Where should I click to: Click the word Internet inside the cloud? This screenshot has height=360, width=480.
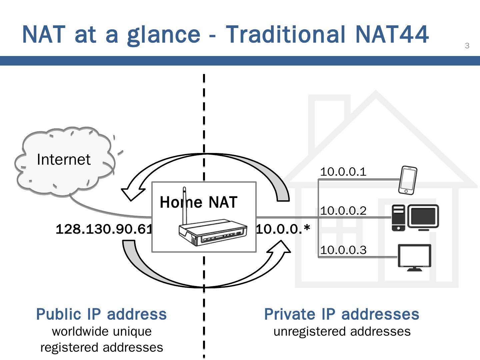pyautogui.click(x=63, y=160)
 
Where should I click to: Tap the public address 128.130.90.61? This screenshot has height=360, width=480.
pyautogui.click(x=104, y=229)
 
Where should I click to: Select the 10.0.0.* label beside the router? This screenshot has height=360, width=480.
pyautogui.click(x=283, y=229)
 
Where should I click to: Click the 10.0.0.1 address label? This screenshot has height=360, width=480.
pyautogui.click(x=343, y=172)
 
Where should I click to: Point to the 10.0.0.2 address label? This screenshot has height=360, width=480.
pyautogui.click(x=343, y=211)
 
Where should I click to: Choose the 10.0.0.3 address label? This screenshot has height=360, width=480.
pyautogui.click(x=343, y=250)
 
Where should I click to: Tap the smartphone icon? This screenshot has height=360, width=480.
pyautogui.click(x=408, y=180)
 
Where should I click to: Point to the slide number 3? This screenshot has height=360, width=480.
pyautogui.click(x=467, y=46)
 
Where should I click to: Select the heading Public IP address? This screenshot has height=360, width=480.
pyautogui.click(x=101, y=314)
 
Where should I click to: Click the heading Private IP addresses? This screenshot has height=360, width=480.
pyautogui.click(x=342, y=314)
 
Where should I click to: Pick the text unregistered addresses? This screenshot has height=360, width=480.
pyautogui.click(x=342, y=332)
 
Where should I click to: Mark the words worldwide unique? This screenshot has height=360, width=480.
pyautogui.click(x=102, y=332)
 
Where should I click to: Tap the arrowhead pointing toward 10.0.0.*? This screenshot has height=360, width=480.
pyautogui.click(x=280, y=248)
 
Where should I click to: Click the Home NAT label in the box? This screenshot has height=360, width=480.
pyautogui.click(x=199, y=202)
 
